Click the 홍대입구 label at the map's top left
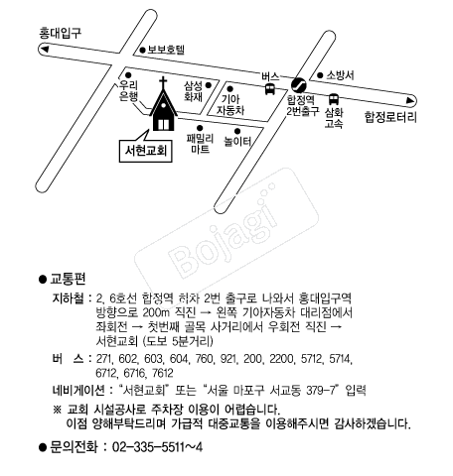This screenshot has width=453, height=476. tap(60, 34)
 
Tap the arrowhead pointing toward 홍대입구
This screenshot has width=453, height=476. tap(45, 50)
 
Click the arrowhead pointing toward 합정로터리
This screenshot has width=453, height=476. tap(410, 100)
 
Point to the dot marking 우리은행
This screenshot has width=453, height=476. tap(128, 75)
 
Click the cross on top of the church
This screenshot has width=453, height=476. tap(163, 82)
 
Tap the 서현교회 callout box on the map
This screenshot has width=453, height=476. tap(146, 151)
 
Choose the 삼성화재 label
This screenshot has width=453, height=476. tap(194, 91)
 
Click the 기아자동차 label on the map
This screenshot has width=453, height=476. tap(230, 104)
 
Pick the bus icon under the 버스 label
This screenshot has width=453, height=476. tap(270, 89)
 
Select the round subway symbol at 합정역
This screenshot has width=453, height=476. tap(299, 85)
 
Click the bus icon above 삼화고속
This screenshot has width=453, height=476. tap(334, 99)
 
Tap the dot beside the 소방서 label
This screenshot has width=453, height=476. tap(320, 75)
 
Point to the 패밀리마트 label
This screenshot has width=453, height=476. tap(200, 144)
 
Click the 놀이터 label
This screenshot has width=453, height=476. tap(237, 142)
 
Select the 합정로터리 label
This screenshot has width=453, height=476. tap(390, 117)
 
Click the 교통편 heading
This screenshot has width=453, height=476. tap(68, 279)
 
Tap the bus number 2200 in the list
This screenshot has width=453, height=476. tap(281, 359)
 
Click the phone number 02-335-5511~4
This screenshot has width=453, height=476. tap(157, 447)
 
